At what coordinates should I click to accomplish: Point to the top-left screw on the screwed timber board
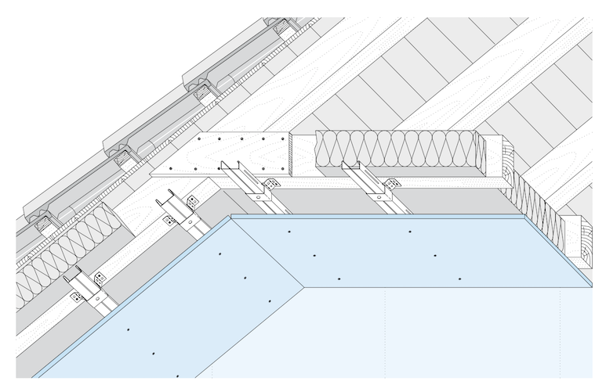pos(201,141)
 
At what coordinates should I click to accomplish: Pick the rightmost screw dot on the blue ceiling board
pos(459,279)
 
